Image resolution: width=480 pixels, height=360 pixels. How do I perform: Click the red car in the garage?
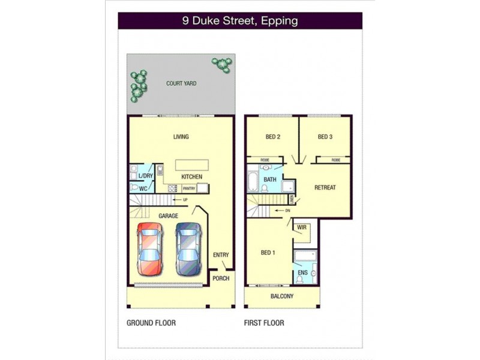149,248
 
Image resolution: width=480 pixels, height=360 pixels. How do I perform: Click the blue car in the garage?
188,248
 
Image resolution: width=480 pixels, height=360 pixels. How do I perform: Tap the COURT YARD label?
181,83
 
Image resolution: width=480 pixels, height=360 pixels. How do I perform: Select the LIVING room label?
181,137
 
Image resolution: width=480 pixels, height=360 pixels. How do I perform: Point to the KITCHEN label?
191,177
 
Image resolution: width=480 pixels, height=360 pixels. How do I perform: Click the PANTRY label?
189,188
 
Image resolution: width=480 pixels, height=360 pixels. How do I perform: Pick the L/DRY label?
146,176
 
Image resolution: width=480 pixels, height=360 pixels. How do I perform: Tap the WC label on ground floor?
143,188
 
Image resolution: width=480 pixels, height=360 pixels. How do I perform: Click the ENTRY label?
221,255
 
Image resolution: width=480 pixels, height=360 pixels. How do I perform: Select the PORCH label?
221,278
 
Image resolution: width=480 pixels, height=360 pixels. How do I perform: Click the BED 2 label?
273,137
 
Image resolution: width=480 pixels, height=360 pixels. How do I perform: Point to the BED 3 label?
325,137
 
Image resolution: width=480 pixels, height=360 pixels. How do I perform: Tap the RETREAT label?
325,188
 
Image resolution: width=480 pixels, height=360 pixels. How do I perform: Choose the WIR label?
302,227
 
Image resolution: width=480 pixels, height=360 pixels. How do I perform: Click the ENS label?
302,273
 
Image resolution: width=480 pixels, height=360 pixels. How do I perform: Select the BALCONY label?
281,297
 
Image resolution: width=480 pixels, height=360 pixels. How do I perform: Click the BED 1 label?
268,253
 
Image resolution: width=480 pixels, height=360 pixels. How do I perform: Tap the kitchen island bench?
192,165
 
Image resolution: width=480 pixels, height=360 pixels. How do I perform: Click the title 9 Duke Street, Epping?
240,21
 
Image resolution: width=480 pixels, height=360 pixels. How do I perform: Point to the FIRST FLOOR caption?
264,323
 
